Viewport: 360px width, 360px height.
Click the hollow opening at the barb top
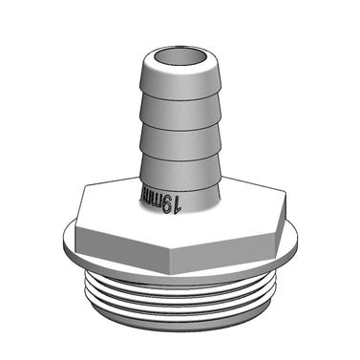click(x=180, y=48)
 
